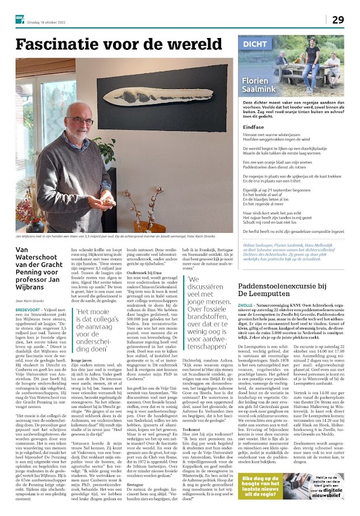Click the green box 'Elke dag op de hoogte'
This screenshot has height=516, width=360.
tap(264, 495)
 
